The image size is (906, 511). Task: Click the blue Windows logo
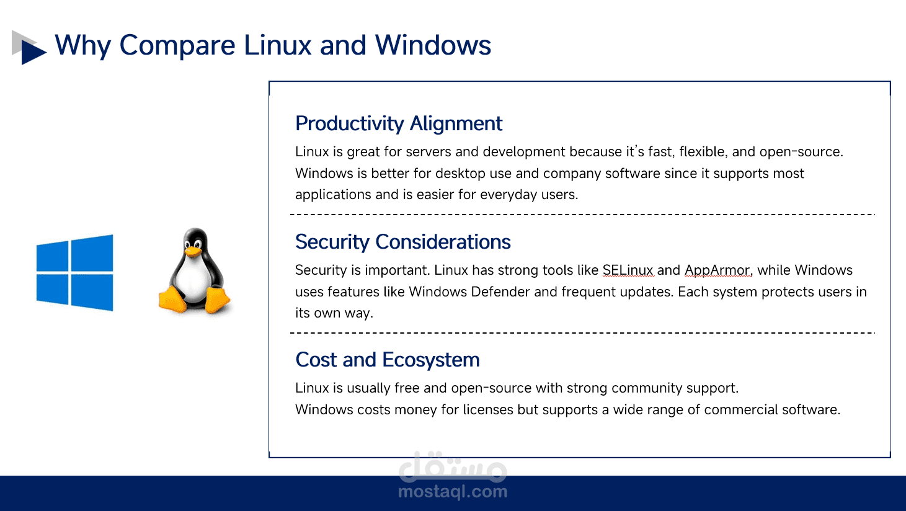pos(75,273)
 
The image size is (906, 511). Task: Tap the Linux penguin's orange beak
pos(193,251)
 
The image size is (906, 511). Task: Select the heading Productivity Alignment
pos(398,124)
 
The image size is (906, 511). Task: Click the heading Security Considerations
pos(403,242)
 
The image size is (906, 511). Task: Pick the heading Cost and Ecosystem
pos(388,360)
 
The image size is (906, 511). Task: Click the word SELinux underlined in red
pos(628,270)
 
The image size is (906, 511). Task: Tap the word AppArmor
pos(717,270)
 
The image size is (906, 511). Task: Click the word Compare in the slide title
pos(177,46)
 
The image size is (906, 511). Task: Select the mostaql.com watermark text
pos(453,492)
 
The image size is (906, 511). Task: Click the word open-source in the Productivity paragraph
pos(801,152)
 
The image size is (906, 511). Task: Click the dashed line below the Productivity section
pos(582,215)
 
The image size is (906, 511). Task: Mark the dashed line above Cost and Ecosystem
pos(582,333)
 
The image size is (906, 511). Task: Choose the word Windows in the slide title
pos(433,45)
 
